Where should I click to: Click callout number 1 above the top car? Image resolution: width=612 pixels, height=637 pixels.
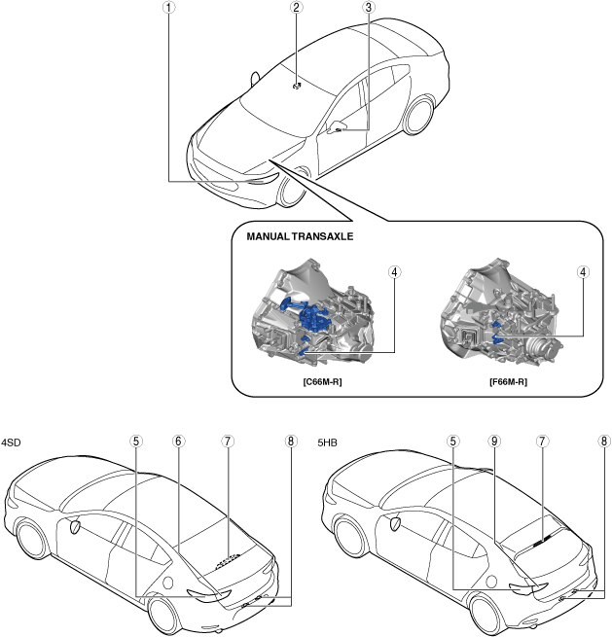[169, 8]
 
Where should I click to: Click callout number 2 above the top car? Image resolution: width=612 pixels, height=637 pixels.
[295, 8]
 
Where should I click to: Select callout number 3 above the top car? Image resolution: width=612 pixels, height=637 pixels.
[368, 8]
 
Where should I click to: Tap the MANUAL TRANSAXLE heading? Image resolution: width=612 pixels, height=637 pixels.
[293, 236]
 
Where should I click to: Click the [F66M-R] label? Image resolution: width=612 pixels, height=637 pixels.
[507, 382]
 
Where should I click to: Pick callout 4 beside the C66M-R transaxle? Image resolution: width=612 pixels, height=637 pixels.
[394, 273]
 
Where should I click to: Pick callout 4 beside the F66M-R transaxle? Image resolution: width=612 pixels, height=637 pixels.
[583, 273]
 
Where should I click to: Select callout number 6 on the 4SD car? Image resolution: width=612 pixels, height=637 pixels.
[179, 441]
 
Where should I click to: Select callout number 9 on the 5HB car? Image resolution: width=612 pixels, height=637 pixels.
[495, 441]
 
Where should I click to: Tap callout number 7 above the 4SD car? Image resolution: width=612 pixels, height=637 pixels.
[227, 441]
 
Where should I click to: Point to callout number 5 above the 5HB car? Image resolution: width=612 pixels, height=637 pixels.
[452, 441]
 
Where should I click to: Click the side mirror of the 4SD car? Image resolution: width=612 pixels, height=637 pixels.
[74, 525]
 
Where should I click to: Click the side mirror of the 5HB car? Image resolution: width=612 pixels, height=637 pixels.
[396, 522]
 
